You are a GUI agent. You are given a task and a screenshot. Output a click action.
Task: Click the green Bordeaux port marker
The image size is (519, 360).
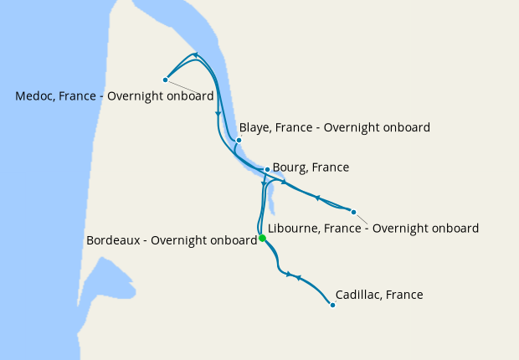262,239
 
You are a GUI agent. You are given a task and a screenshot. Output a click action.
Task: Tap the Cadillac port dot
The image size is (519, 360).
333,305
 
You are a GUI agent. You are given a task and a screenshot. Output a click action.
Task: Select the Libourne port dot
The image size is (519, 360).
353,212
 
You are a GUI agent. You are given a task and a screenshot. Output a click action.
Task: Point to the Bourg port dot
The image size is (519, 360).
267,169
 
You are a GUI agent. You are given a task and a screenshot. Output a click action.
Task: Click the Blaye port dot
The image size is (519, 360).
239,140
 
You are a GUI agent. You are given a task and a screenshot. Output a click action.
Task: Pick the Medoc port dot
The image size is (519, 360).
166,80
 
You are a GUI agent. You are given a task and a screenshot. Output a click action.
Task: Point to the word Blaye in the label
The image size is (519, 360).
254,128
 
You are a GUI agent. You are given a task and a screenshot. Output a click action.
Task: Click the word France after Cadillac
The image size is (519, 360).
405,295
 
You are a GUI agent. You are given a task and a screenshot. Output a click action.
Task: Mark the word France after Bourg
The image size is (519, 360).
331,167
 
